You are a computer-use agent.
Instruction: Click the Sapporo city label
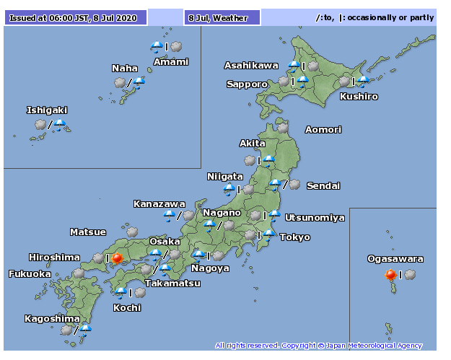tap(247, 84)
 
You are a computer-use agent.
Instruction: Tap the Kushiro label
tap(359, 96)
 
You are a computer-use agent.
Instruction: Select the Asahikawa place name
tap(251, 66)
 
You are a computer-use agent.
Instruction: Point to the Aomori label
tap(323, 130)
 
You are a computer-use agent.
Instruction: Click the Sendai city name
tap(323, 186)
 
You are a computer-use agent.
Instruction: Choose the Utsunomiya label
tap(315, 218)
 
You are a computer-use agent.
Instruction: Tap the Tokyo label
tap(294, 237)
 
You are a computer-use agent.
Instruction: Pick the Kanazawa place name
tap(159, 204)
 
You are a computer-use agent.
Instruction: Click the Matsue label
tap(88, 232)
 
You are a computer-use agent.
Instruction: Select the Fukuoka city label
tap(30, 274)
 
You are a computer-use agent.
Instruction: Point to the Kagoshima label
tap(52, 319)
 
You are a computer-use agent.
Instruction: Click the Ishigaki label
tap(47, 110)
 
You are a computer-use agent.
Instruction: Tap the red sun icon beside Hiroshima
tap(117, 258)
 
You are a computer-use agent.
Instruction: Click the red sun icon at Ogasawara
tap(391, 274)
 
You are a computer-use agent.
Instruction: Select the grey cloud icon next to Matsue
tap(133, 231)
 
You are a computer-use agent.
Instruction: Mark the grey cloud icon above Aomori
tap(282, 128)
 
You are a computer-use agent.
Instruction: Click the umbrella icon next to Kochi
tap(121, 292)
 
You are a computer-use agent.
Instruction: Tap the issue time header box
tap(76, 17)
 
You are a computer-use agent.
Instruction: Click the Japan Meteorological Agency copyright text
tap(318, 346)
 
